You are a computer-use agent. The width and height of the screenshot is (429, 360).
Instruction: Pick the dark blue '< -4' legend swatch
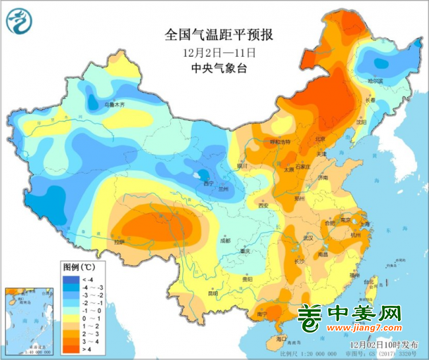click(68, 279)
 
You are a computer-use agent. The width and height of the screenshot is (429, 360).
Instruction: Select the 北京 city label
click(319, 139)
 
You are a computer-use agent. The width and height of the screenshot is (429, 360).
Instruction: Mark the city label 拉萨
click(119, 242)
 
